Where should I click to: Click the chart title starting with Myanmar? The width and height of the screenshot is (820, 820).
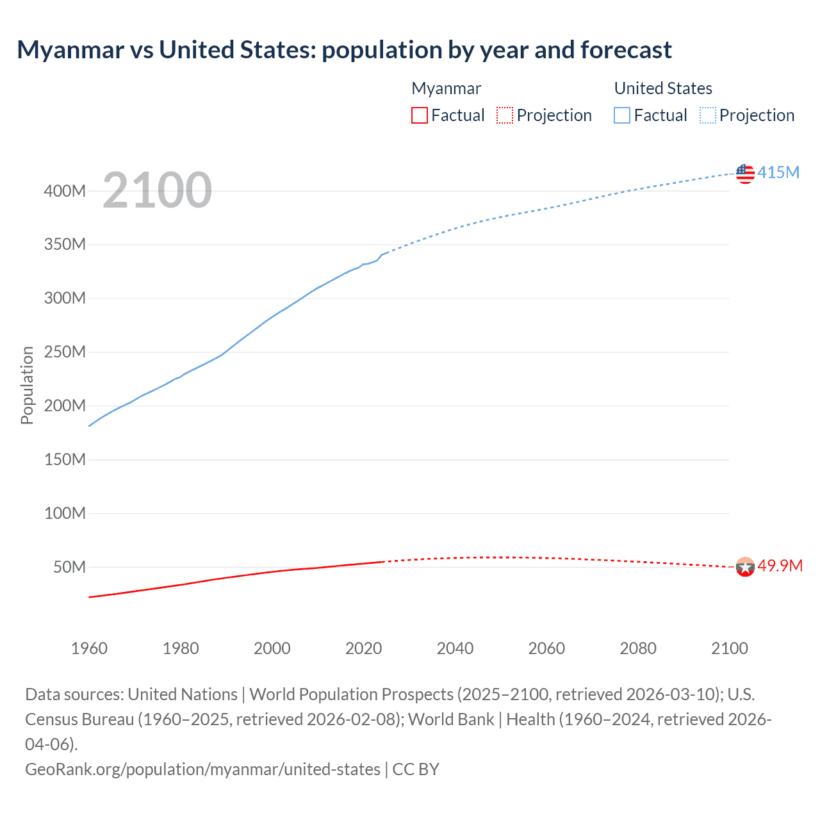(x=344, y=50)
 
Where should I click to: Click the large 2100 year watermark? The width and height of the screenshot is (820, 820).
(x=157, y=190)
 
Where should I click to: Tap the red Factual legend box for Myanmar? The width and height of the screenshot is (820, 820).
(x=420, y=115)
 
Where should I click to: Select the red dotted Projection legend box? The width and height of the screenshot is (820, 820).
(x=505, y=115)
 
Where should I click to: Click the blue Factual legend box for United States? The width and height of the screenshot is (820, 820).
(x=622, y=115)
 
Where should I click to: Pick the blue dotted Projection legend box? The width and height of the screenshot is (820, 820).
(x=708, y=115)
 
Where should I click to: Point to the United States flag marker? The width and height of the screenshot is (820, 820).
(x=745, y=174)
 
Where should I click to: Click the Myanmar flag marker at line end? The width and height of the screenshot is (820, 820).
(x=745, y=567)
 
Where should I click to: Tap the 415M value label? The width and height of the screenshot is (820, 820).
(x=778, y=172)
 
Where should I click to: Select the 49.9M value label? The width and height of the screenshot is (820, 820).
(x=780, y=566)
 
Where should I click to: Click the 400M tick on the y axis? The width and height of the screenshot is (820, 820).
(x=65, y=191)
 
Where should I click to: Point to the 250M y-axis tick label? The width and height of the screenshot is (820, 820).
(x=65, y=352)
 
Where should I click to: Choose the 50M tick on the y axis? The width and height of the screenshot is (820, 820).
(x=69, y=568)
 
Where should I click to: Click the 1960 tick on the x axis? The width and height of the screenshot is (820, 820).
(x=89, y=648)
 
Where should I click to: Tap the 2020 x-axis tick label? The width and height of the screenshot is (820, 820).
(x=363, y=648)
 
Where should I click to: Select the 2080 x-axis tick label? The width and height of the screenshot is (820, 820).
(x=638, y=648)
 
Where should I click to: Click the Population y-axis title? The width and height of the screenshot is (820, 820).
(x=27, y=385)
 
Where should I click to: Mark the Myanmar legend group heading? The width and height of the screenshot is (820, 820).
(x=446, y=88)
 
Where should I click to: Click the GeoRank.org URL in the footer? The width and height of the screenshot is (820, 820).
(x=202, y=769)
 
